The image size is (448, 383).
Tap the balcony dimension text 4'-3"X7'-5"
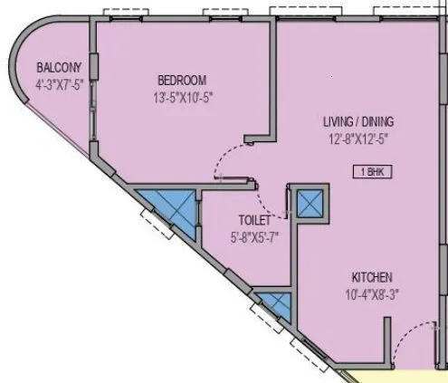(x=60, y=84)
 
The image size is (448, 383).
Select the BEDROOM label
(x=181, y=80)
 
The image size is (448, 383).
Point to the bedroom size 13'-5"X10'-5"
(x=181, y=96)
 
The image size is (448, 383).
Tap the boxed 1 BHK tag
(x=371, y=170)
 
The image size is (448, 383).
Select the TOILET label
(x=253, y=220)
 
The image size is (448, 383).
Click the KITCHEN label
(x=372, y=277)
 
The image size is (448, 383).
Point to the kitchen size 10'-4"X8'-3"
(x=372, y=293)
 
